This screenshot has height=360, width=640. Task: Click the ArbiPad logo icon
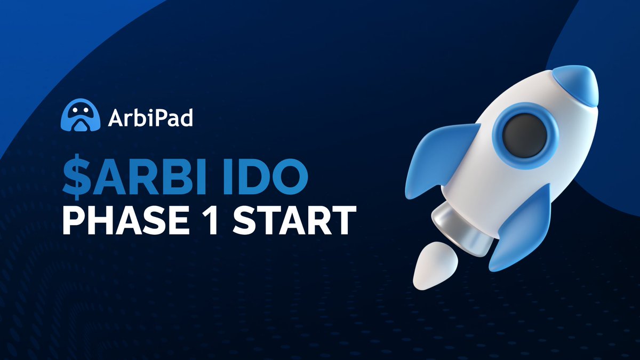point(81,117)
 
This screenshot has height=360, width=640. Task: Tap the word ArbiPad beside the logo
point(150,118)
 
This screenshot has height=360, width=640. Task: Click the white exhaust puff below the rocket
point(434,266)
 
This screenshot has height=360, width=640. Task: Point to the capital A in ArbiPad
point(115,118)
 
